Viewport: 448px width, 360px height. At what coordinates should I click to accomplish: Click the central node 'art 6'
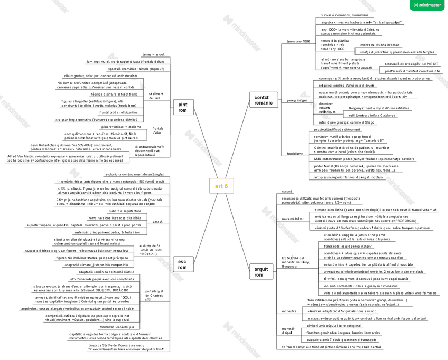click(221, 186)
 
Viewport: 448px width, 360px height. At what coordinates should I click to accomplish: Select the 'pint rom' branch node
click(182, 107)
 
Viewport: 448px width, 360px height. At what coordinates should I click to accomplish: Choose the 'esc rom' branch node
click(182, 264)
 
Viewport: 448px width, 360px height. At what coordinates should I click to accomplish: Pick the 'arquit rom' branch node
click(259, 272)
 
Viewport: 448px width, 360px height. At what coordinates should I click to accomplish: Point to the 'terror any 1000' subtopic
click(298, 41)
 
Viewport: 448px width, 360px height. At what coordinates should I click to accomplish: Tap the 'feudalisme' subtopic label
click(295, 154)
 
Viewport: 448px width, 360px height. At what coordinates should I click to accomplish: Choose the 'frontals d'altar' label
click(157, 130)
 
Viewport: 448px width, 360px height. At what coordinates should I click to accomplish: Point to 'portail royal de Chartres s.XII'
click(154, 295)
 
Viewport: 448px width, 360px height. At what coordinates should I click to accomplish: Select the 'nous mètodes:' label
click(293, 218)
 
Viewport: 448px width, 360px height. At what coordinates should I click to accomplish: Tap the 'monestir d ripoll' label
click(288, 331)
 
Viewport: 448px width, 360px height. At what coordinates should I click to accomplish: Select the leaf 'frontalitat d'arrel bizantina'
click(118, 112)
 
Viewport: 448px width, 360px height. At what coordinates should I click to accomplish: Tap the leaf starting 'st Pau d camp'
click(331, 347)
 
